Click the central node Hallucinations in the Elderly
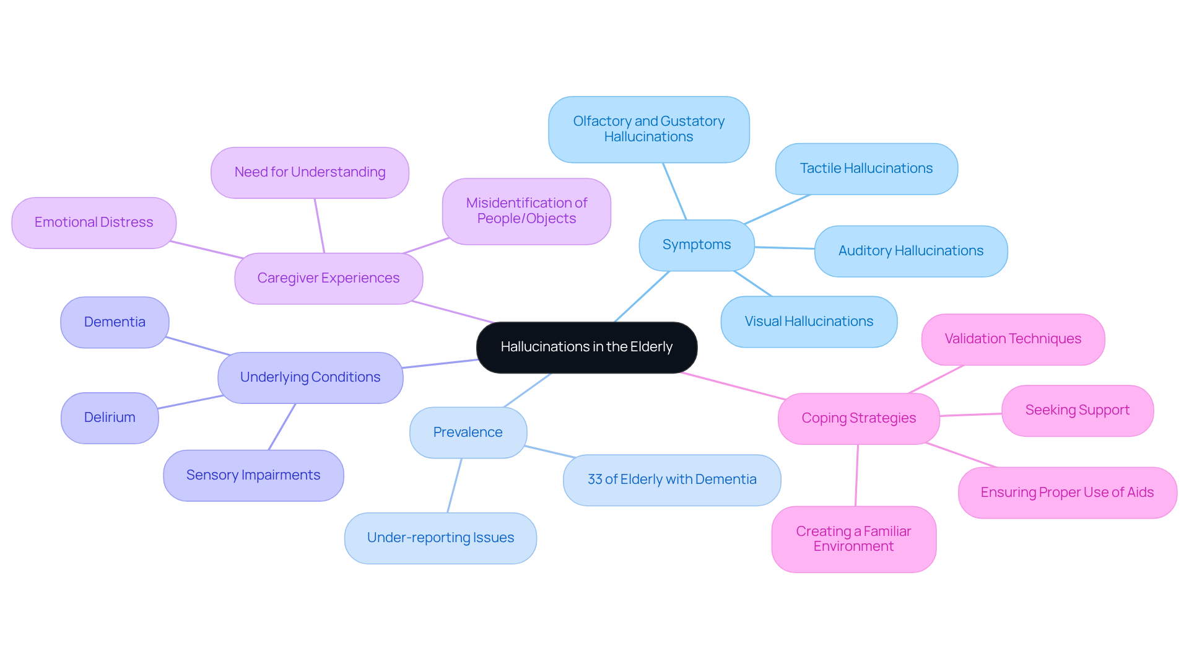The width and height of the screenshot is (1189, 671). (586, 347)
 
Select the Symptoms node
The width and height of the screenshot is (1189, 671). (696, 245)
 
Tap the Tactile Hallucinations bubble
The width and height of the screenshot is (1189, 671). (866, 169)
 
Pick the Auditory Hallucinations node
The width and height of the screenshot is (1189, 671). (910, 251)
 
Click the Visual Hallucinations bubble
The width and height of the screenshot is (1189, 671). (808, 322)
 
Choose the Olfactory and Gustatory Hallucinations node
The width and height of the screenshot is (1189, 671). (648, 129)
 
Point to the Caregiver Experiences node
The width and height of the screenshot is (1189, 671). (328, 278)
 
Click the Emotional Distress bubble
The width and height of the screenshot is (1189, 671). (94, 222)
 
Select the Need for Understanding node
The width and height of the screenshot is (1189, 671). (310, 172)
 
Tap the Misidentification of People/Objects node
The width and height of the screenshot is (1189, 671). (526, 211)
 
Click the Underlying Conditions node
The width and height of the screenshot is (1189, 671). (310, 377)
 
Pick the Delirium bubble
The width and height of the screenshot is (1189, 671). (110, 418)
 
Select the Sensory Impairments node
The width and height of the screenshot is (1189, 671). (253, 475)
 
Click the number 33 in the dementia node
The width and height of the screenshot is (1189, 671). (594, 480)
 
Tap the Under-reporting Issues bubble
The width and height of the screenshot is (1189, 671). (440, 538)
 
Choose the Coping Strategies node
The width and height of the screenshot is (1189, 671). (858, 418)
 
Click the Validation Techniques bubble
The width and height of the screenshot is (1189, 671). (1013, 339)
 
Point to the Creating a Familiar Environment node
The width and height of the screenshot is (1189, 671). (853, 539)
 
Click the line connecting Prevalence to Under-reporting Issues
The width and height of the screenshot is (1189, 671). (455, 485)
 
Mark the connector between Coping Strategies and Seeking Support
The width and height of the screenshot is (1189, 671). (970, 414)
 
